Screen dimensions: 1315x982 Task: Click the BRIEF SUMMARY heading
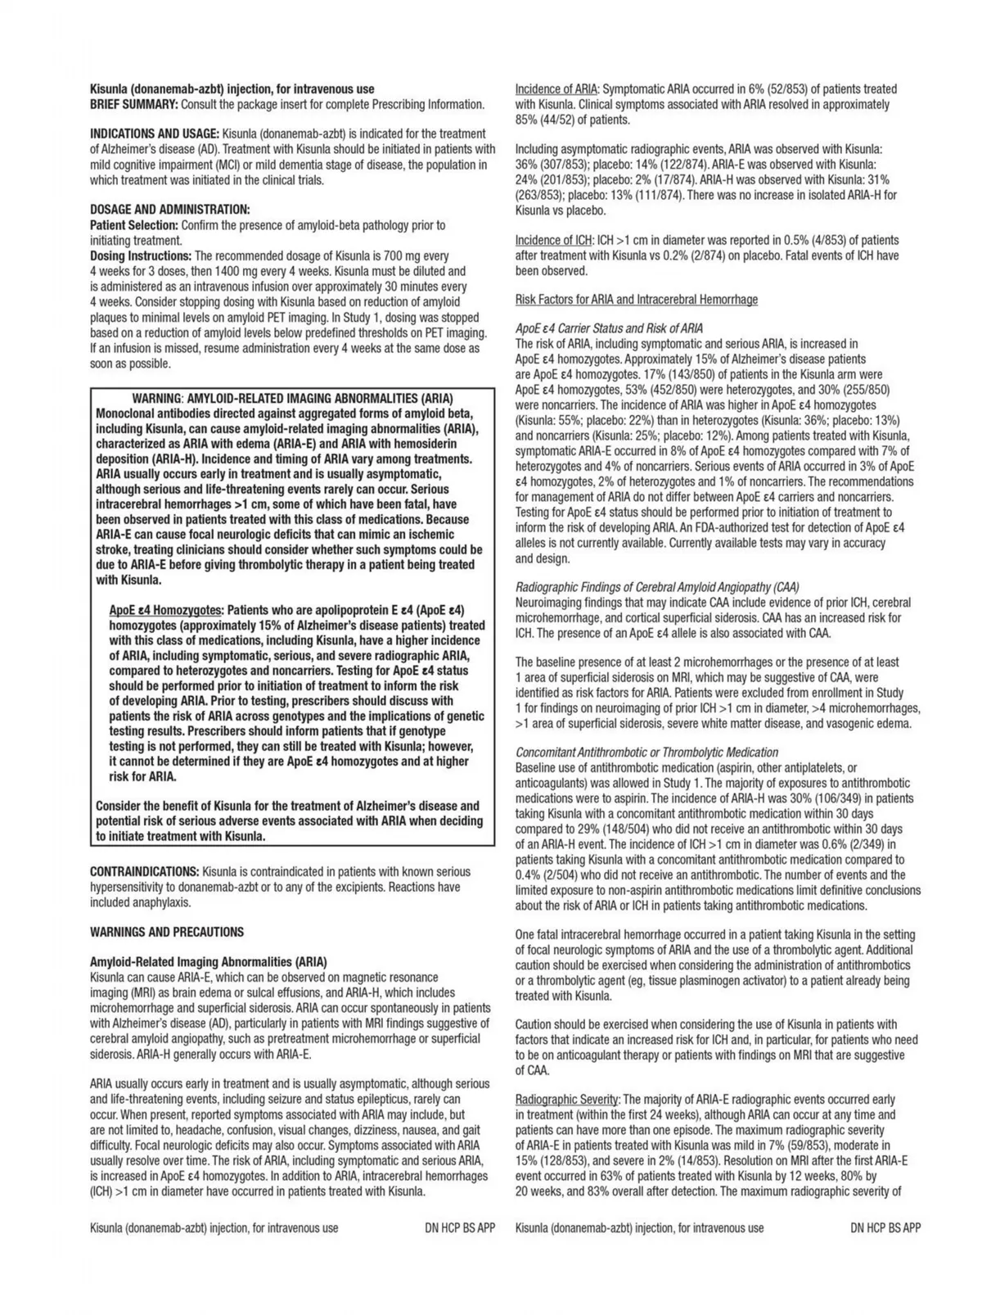(x=134, y=105)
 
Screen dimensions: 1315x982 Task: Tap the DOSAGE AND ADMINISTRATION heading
(x=169, y=210)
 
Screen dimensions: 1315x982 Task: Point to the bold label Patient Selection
(x=134, y=225)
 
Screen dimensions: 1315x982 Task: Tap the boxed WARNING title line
(x=292, y=399)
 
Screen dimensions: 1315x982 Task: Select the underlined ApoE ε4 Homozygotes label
(x=165, y=611)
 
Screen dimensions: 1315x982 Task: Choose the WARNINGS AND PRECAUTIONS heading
(x=167, y=932)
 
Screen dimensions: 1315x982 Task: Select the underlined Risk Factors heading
(x=637, y=300)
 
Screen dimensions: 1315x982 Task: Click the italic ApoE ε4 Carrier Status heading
(x=609, y=328)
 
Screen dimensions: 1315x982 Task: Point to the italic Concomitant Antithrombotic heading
(x=646, y=752)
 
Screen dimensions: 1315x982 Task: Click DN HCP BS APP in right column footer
(x=885, y=1228)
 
